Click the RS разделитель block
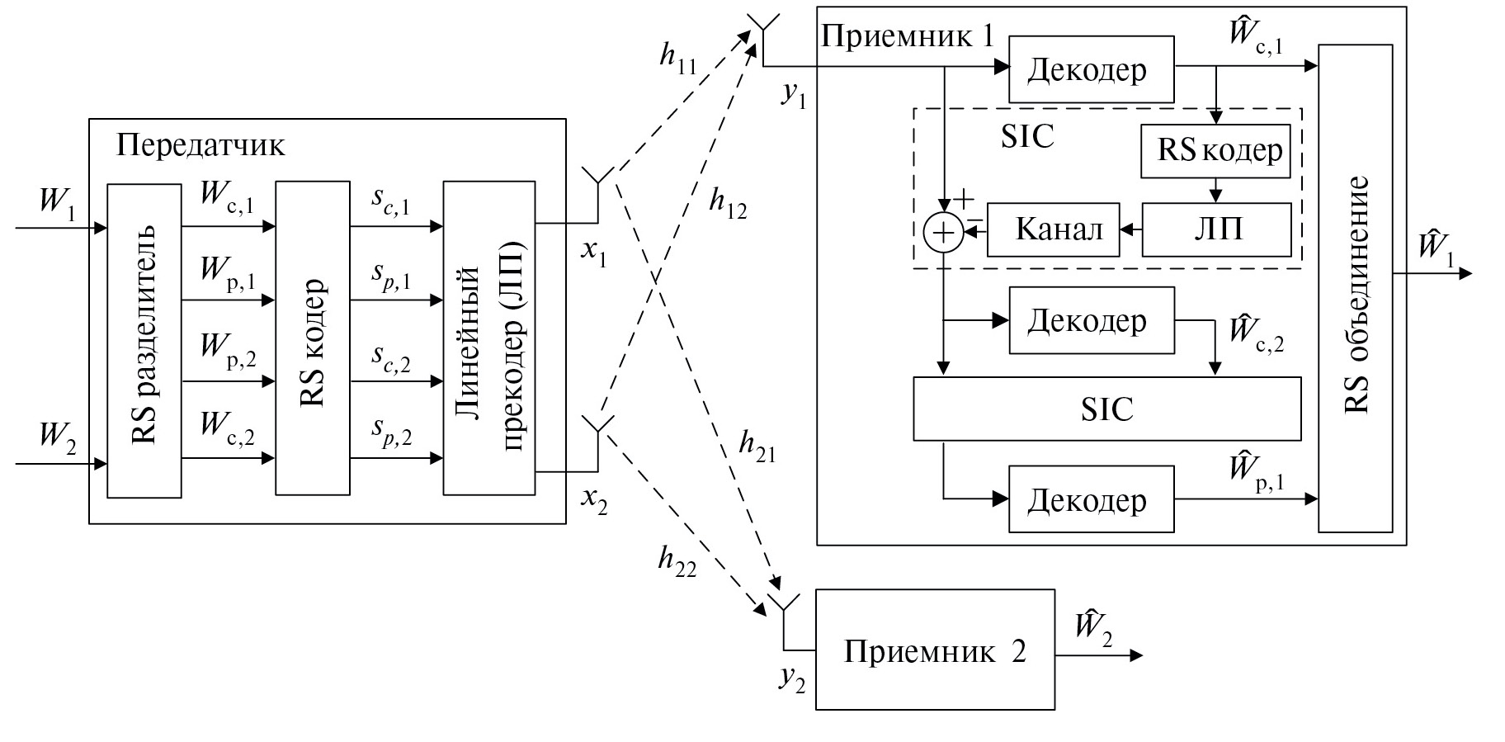tap(144, 340)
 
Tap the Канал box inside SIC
tap(1054, 229)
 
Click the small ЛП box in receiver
tap(1216, 229)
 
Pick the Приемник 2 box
tap(935, 650)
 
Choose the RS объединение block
tap(1355, 288)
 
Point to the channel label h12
tap(728, 204)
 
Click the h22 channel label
tap(677, 560)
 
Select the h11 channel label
tap(678, 56)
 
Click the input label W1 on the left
tap(57, 203)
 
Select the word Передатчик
tap(201, 145)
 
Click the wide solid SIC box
tap(1106, 409)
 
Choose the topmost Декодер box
tap(1091, 69)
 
